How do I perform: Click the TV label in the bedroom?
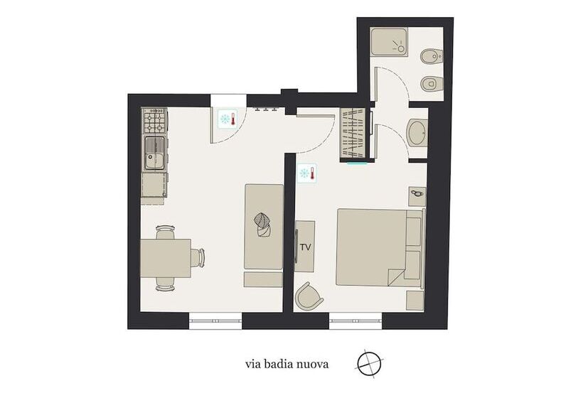pyautogui.click(x=306, y=247)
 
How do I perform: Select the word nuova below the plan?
pyautogui.click(x=314, y=365)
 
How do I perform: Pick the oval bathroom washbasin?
pyautogui.click(x=417, y=132)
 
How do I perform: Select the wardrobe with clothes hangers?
pyautogui.click(x=354, y=134)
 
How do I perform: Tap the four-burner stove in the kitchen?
pyautogui.click(x=154, y=121)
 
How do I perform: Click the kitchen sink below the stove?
pyautogui.click(x=154, y=153)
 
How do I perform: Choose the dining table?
pyautogui.click(x=165, y=258)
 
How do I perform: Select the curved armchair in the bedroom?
pyautogui.click(x=309, y=296)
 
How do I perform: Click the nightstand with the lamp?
pyautogui.click(x=417, y=195)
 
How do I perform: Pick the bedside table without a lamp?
pyautogui.click(x=415, y=300)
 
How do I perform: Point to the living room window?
pyautogui.click(x=215, y=322)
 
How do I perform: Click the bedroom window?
pyautogui.click(x=355, y=322)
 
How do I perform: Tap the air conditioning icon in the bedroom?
pyautogui.click(x=306, y=173)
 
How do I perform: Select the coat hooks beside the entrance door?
pyautogui.click(x=264, y=110)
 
